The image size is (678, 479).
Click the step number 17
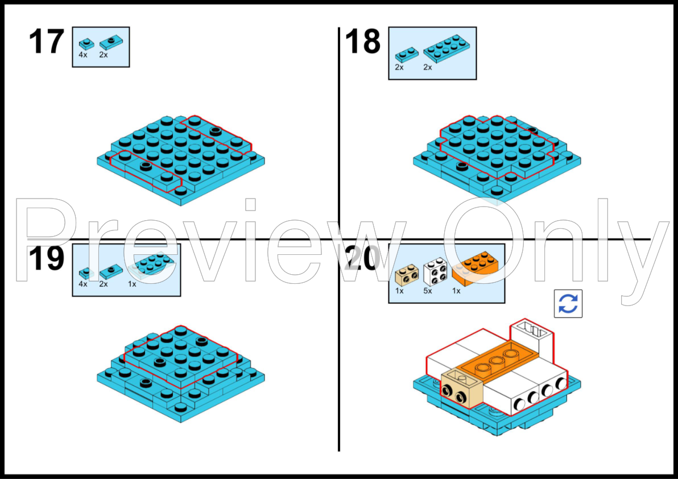click(46, 42)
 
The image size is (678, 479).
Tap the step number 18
click(363, 42)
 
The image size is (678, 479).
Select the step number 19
click(46, 258)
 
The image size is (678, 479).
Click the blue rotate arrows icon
click(568, 303)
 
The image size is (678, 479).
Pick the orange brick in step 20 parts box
click(474, 268)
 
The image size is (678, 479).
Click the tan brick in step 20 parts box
click(407, 275)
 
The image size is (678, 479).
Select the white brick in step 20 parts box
click(436, 271)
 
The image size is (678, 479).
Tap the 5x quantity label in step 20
click(428, 291)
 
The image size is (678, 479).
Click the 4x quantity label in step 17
click(83, 55)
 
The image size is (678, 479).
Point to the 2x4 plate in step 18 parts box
click(448, 48)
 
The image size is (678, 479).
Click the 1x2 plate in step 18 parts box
click(407, 55)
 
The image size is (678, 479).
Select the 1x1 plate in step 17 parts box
click(86, 44)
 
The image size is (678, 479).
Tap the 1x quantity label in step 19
click(132, 284)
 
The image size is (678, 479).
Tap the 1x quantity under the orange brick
click(456, 291)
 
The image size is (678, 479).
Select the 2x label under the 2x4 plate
click(428, 67)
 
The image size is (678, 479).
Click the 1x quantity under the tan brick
click(399, 291)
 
